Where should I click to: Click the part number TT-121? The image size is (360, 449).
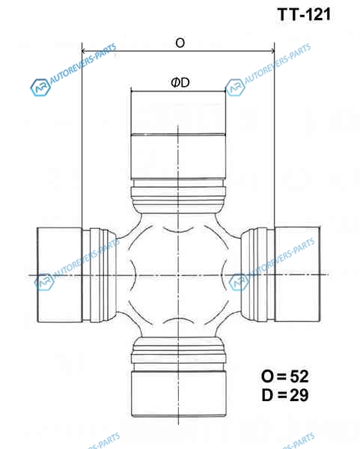tap(304, 14)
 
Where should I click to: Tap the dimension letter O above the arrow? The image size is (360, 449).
tap(180, 43)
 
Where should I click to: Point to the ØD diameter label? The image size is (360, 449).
tap(180, 82)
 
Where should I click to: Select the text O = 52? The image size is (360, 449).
tap(285, 376)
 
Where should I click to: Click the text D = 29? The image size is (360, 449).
tap(285, 395)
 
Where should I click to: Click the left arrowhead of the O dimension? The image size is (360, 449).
tap(85, 51)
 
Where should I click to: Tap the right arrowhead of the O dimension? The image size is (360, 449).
tap(272, 51)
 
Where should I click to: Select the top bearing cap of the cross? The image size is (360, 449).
tap(178, 135)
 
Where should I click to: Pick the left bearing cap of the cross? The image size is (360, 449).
tap(60, 275)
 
